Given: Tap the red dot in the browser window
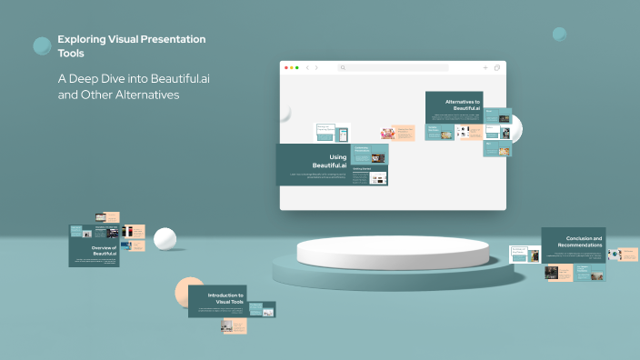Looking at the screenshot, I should (x=286, y=67).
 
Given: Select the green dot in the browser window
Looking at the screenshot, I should (x=297, y=67).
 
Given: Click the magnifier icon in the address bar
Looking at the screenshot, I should (x=343, y=67).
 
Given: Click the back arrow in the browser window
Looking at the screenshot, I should (x=307, y=67).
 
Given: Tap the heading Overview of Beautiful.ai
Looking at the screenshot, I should (x=107, y=250).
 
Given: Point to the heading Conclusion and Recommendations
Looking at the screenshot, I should (x=579, y=241).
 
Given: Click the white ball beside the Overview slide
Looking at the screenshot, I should (x=165, y=239).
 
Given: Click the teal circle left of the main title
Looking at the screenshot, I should (x=42, y=45).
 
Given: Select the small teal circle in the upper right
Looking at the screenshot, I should (x=559, y=35).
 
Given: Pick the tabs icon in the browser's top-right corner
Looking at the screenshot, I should (x=497, y=67).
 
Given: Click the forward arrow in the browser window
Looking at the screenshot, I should (x=316, y=67).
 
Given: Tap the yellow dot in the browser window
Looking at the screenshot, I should (x=292, y=67).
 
